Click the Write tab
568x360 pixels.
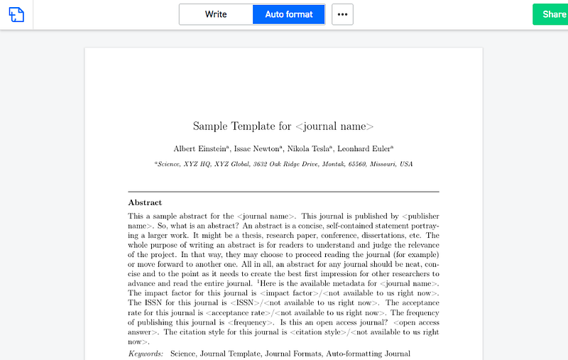[x=216, y=14]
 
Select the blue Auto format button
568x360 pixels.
[x=289, y=14]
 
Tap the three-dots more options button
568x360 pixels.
[x=342, y=14]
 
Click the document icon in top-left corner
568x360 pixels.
[x=16, y=14]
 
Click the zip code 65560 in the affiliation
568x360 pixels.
[x=356, y=164]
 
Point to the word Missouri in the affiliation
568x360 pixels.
[x=384, y=164]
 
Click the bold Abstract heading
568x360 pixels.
[x=145, y=202]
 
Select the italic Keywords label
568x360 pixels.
[x=146, y=353]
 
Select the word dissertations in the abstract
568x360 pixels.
[x=383, y=235]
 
